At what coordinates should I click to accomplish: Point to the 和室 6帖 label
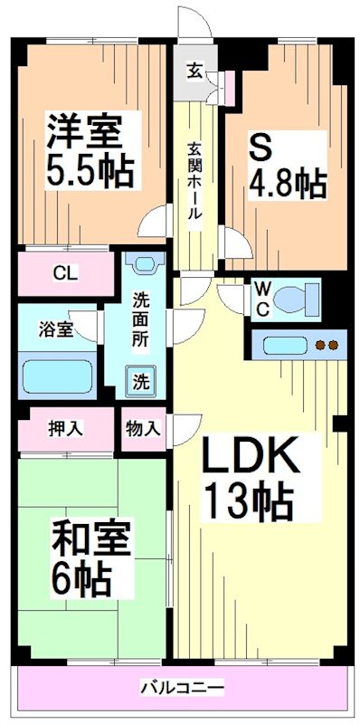click(x=81, y=557)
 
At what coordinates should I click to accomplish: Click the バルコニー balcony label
click(x=181, y=689)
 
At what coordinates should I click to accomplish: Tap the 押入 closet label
click(x=65, y=428)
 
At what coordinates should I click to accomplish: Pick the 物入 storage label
click(x=143, y=428)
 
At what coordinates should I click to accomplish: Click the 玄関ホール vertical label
click(x=194, y=181)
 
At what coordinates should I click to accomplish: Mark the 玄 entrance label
click(x=194, y=70)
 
